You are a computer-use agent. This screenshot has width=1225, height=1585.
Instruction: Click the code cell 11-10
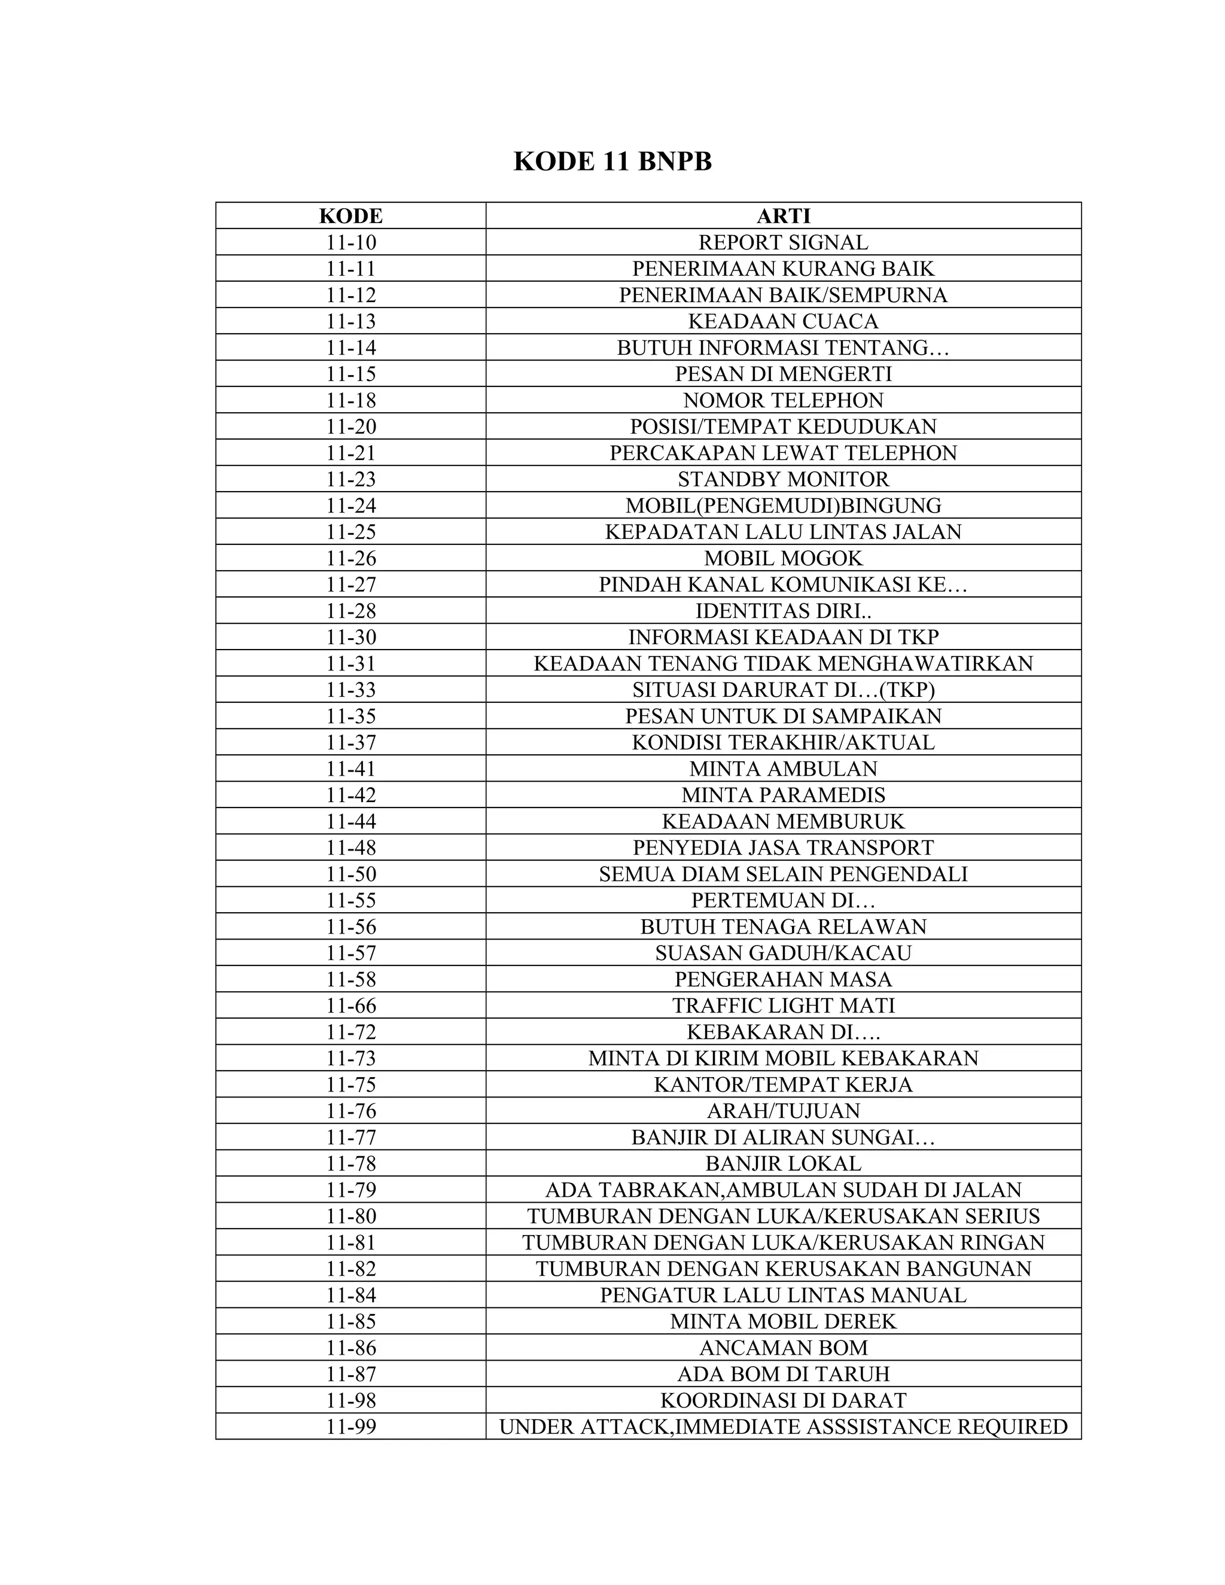point(351,242)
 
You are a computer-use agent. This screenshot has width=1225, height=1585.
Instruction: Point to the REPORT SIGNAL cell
point(783,242)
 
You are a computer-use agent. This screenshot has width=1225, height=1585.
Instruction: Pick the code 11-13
point(351,321)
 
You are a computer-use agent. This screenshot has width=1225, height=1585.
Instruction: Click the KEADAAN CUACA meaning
point(783,321)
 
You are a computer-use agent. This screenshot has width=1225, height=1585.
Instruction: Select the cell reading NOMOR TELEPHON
point(783,400)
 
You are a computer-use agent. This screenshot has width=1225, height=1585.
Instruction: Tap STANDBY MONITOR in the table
point(783,479)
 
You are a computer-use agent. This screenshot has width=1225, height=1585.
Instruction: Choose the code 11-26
point(351,558)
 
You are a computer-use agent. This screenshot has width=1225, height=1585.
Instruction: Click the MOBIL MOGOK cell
point(783,558)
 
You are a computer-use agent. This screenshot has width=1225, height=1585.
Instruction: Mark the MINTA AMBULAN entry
point(783,769)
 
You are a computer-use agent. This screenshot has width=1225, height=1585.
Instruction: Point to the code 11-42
point(351,795)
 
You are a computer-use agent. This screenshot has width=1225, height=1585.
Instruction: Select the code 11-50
point(351,874)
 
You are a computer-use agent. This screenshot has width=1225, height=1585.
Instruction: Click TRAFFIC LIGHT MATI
point(783,1005)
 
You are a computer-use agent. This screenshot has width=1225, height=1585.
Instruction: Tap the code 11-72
point(351,1031)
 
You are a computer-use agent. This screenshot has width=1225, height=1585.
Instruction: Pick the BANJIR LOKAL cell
point(783,1163)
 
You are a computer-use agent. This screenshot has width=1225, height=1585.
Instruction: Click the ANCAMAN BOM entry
point(783,1348)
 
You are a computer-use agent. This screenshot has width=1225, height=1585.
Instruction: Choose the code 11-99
point(351,1426)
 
